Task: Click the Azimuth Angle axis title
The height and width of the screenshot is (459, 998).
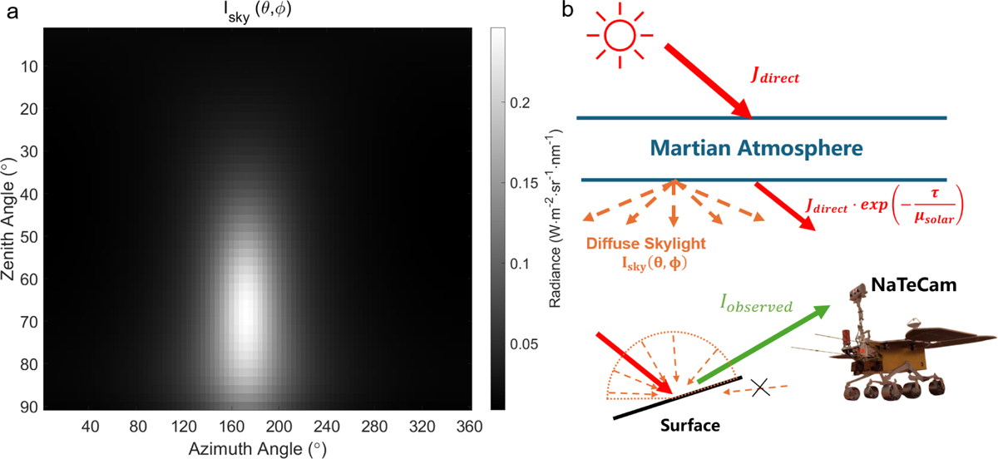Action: pyautogui.click(x=254, y=447)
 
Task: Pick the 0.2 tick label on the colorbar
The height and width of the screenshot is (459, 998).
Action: pyautogui.click(x=521, y=102)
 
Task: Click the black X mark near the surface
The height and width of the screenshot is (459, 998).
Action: pyautogui.click(x=758, y=387)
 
